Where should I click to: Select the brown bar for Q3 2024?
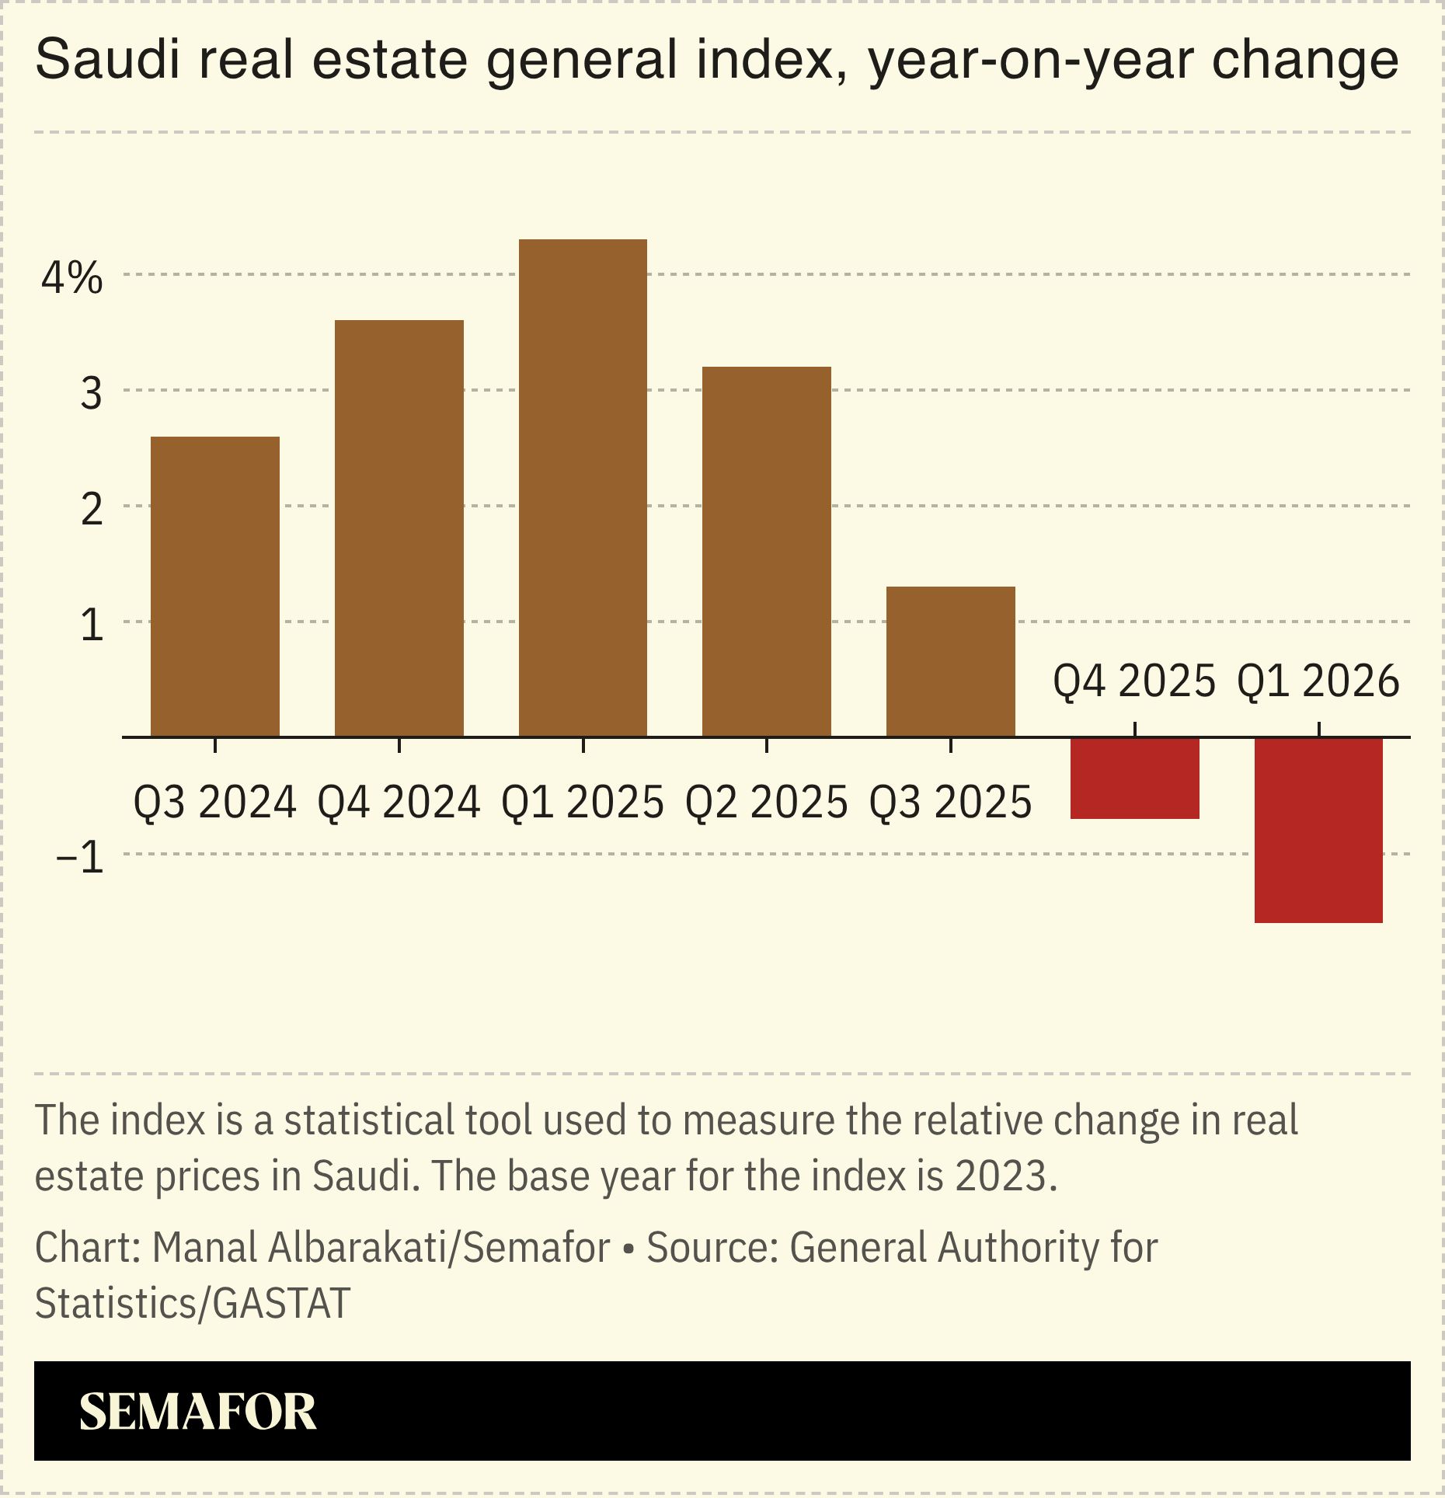215,587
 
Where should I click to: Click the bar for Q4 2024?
399,528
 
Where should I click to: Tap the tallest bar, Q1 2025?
583,488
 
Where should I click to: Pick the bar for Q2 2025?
767,552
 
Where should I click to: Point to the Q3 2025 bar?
950,661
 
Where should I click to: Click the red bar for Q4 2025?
1134,778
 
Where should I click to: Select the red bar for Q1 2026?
1318,830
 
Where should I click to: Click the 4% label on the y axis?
71,277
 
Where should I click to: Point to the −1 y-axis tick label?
80,858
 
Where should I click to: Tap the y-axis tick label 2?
92,510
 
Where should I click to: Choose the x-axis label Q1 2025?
583,803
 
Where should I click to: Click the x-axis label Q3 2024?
215,803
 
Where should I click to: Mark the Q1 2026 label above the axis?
1318,681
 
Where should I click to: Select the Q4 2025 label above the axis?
1134,681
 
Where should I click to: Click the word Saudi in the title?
108,60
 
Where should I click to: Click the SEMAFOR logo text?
197,1412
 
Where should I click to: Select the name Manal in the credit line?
204,1248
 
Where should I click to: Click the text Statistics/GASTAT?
193,1303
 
